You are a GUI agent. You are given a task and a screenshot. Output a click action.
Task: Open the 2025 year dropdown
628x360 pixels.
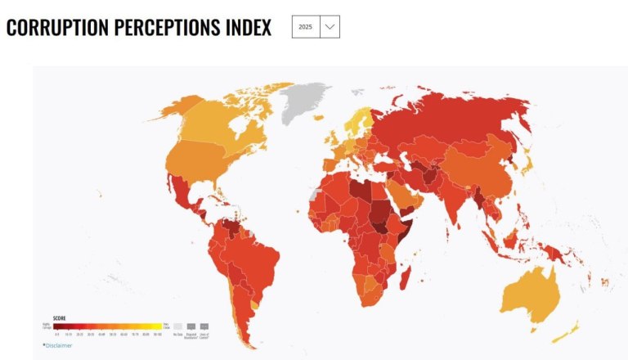pyautogui.click(x=316, y=27)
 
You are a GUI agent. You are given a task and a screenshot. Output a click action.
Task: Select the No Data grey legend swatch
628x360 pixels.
pyautogui.click(x=177, y=326)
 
